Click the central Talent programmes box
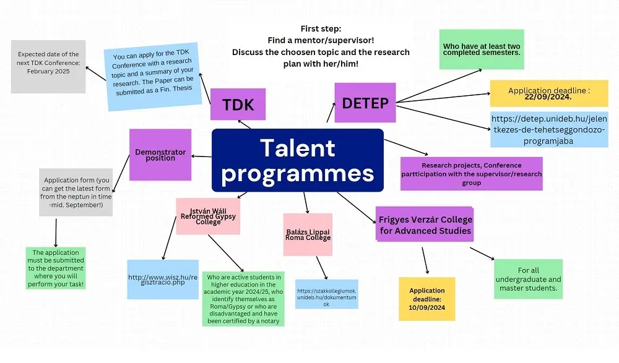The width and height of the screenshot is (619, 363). pos(298,160)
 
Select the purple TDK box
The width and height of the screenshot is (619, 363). pos(238,105)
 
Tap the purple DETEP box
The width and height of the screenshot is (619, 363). pos(365,102)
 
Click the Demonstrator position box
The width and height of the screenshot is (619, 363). pos(160,155)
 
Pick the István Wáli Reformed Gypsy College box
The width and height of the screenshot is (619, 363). pos(208,216)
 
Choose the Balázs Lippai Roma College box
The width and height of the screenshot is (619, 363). pos(308,234)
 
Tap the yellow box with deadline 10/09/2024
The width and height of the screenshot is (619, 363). pos(426,299)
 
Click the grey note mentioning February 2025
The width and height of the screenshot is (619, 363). pos(48,66)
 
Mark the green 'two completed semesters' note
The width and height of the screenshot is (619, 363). pos(482,49)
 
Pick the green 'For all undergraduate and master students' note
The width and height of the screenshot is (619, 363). pos(528,279)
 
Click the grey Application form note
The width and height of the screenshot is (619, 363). pos(76,192)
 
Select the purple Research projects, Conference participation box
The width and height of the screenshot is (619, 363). pos(472,174)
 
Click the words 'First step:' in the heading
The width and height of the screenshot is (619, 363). pos(321,29)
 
